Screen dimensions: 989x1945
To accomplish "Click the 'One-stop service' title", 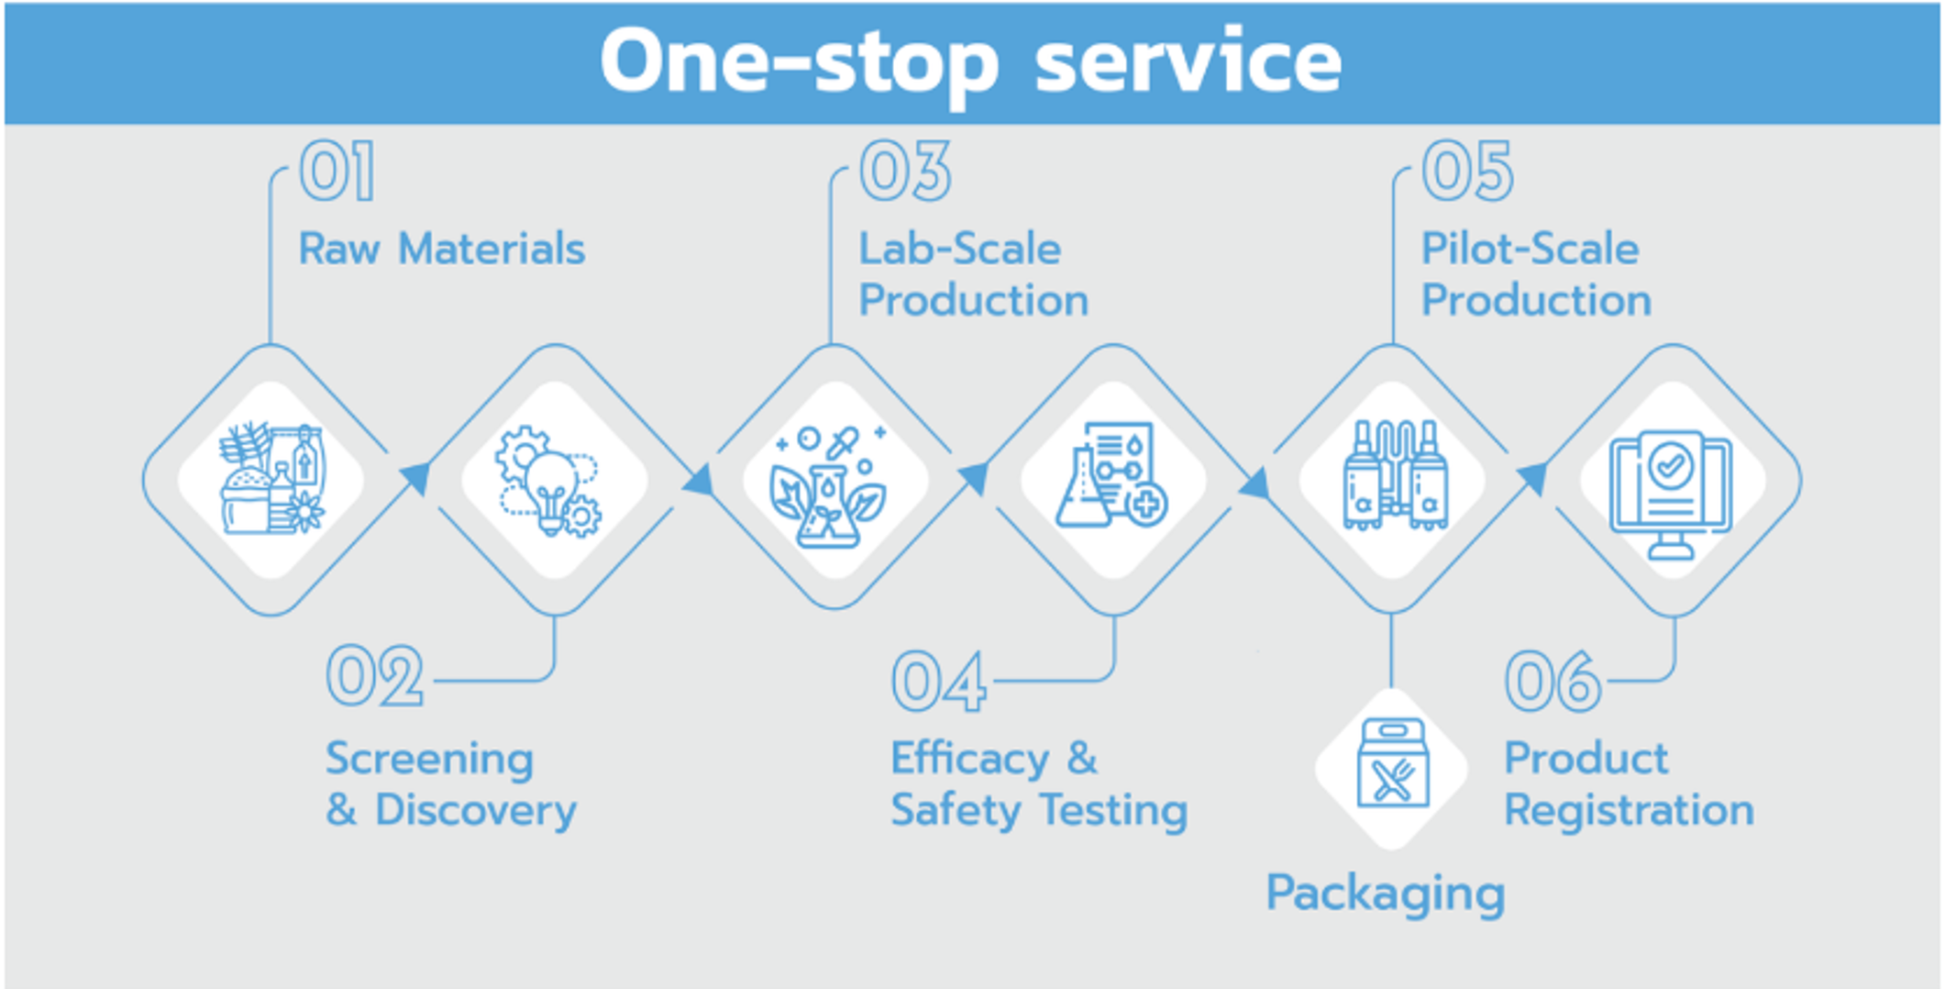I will click(x=970, y=61).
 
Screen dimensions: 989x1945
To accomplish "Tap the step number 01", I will click(x=337, y=172).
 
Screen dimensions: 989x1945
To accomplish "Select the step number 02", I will click(x=374, y=676).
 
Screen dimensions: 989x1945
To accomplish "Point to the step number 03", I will click(x=905, y=172).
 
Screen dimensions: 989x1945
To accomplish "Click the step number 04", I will click(x=938, y=682).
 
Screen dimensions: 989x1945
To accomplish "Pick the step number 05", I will click(x=1467, y=172).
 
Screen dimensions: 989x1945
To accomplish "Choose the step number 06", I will click(x=1553, y=682).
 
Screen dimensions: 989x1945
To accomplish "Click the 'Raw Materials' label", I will click(x=442, y=249).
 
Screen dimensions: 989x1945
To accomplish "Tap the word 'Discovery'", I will click(x=476, y=810).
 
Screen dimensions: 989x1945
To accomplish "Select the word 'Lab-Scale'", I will click(x=959, y=249).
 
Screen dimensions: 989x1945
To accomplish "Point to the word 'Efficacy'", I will click(x=970, y=759).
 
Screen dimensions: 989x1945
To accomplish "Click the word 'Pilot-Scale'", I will click(x=1530, y=249).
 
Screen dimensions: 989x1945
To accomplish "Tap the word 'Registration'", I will click(x=1629, y=810).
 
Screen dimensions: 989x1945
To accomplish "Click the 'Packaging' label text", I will click(x=1385, y=893).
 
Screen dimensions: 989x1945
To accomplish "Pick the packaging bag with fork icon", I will click(x=1392, y=765).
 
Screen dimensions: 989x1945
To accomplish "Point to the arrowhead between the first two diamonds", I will click(x=416, y=477).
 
